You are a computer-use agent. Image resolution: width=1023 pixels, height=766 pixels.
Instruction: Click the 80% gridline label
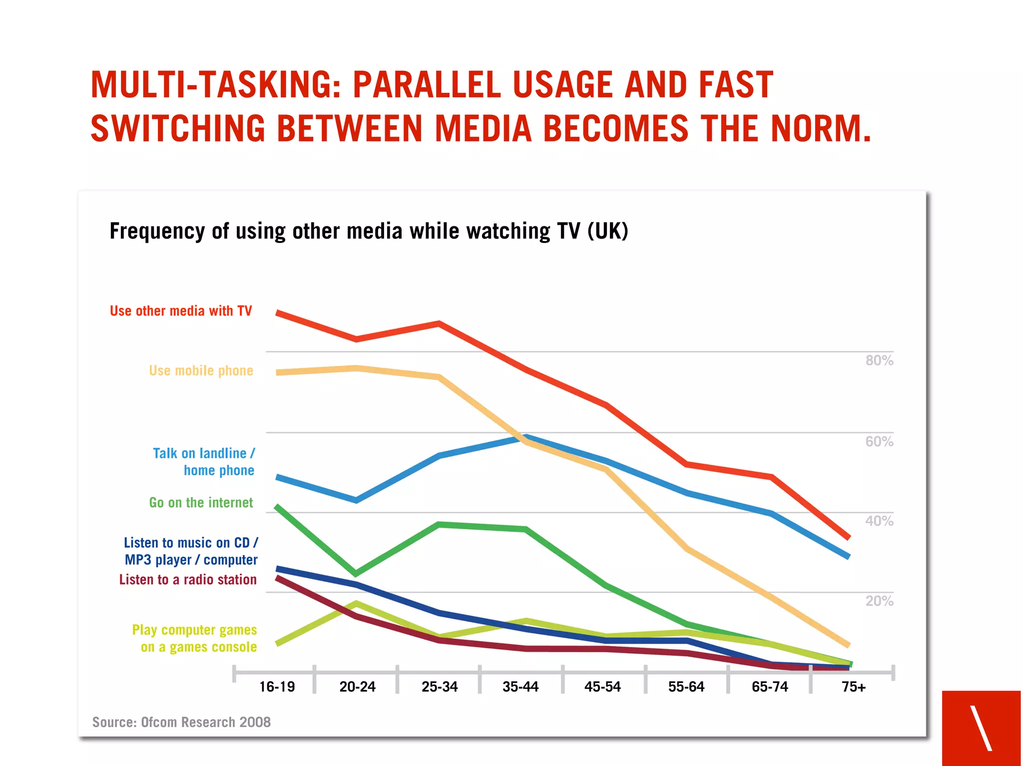(x=879, y=360)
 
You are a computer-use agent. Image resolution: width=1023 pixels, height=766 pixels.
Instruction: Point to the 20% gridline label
(x=879, y=601)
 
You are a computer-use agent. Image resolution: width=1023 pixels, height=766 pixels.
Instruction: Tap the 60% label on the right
(x=879, y=441)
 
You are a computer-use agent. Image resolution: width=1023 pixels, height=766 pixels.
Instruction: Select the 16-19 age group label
(x=277, y=687)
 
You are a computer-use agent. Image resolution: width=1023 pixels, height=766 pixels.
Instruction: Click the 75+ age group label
(x=853, y=687)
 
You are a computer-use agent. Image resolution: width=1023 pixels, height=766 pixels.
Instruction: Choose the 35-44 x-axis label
(x=520, y=687)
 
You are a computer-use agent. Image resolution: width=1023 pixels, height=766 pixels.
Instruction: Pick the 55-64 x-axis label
(x=686, y=687)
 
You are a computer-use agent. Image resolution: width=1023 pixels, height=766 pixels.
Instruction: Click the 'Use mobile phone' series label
(x=201, y=371)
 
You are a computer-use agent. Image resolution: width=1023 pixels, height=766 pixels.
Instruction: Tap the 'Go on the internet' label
(x=201, y=503)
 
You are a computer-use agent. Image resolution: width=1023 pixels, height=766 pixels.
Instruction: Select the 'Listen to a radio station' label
(x=188, y=580)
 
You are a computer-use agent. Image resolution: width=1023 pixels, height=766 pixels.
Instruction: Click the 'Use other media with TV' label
(x=181, y=311)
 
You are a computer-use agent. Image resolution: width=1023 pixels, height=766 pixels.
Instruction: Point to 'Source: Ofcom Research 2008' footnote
(x=181, y=722)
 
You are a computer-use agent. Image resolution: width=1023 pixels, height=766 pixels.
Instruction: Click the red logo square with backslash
(x=981, y=728)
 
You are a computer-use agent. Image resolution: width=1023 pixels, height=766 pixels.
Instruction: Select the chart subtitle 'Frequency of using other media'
(x=369, y=231)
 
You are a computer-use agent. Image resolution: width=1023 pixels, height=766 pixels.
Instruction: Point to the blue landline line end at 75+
(x=848, y=556)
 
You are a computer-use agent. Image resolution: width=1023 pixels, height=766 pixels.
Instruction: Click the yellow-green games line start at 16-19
(x=278, y=643)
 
